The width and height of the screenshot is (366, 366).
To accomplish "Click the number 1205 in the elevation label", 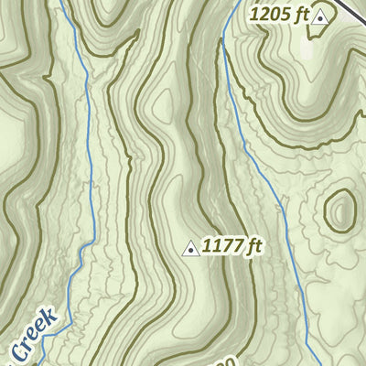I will click(270, 15).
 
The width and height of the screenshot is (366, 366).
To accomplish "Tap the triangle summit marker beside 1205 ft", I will click(319, 16).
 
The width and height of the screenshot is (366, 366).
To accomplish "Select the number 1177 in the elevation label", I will click(222, 246).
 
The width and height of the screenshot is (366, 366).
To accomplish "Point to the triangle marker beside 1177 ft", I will click(191, 248).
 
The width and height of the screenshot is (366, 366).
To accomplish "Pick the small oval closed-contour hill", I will click(339, 210).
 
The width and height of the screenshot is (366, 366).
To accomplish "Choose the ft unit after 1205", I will click(299, 15).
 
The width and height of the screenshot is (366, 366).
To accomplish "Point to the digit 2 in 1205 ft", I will click(264, 15).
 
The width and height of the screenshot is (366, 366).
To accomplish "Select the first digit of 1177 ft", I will click(208, 246).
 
